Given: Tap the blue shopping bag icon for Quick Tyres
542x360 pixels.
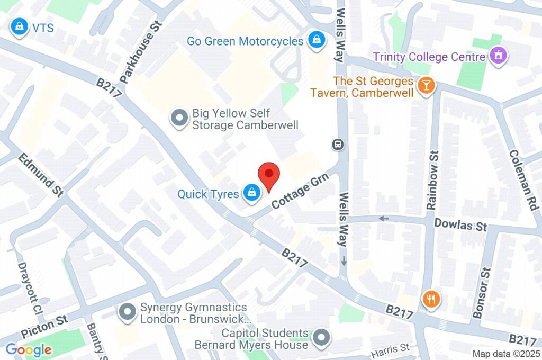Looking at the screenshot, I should [251, 193].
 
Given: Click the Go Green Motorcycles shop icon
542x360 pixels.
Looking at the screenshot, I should [316, 40].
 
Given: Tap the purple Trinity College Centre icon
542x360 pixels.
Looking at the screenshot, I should [498, 56].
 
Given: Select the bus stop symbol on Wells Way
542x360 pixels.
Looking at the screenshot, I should [337, 144].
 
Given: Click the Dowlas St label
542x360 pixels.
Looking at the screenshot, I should [460, 225].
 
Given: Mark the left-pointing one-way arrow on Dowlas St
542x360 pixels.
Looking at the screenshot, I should [384, 218].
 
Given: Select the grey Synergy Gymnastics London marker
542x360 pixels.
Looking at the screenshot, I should [128, 313].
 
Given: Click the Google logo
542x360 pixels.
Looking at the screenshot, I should [29, 349].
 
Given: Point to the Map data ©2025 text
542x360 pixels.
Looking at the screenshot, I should [505, 354].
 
